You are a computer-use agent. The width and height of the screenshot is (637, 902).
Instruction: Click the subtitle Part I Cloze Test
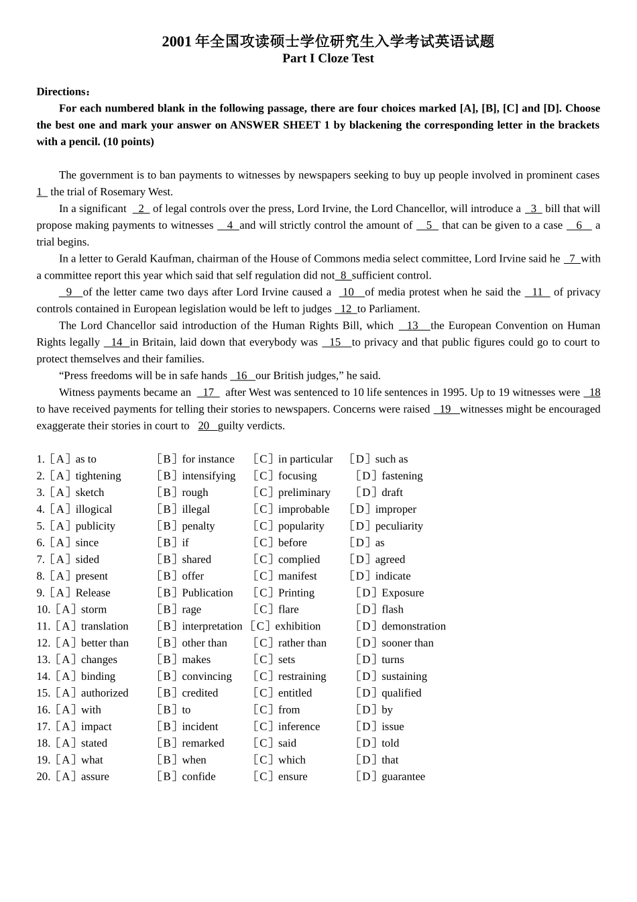click(328, 58)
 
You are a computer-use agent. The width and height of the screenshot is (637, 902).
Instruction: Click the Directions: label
click(63, 92)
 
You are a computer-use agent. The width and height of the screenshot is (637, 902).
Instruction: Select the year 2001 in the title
click(176, 42)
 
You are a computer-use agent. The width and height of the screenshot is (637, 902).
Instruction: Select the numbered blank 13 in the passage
click(413, 325)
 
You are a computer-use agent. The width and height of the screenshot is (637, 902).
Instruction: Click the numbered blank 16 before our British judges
click(241, 376)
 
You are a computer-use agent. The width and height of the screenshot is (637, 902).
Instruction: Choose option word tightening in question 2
click(98, 476)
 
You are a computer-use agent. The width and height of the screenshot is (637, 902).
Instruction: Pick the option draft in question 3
click(392, 493)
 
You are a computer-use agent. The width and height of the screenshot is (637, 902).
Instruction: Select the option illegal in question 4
click(196, 509)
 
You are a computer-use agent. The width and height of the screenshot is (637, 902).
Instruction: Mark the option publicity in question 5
click(95, 526)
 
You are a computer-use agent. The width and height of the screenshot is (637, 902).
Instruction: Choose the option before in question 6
click(292, 543)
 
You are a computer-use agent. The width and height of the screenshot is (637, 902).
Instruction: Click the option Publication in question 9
click(207, 593)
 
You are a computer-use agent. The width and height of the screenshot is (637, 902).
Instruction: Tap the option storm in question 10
click(94, 610)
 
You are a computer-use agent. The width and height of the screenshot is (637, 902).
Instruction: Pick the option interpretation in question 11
click(212, 627)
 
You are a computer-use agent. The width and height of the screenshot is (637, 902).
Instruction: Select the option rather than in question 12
click(302, 644)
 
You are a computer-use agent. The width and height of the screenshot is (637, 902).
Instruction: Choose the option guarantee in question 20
click(403, 777)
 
